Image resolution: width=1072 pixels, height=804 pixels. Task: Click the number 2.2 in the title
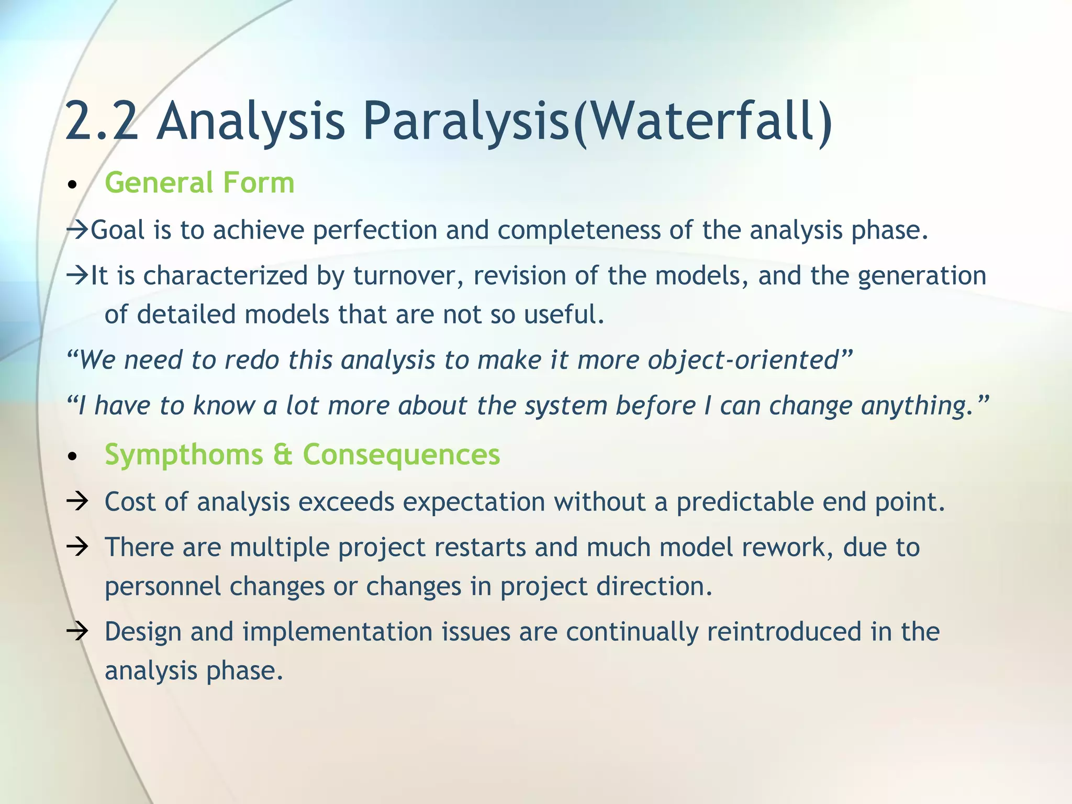pyautogui.click(x=102, y=121)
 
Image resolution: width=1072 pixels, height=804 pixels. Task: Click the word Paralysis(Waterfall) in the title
pyautogui.click(x=597, y=121)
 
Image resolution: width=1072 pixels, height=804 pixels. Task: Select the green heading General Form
pyautogui.click(x=199, y=183)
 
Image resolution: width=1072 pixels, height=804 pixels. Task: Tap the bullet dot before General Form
pyautogui.click(x=73, y=185)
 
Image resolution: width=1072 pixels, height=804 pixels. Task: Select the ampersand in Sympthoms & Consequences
pyautogui.click(x=283, y=454)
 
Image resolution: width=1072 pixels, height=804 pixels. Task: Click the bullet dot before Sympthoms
pyautogui.click(x=73, y=457)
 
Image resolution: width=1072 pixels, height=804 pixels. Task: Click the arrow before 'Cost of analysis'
pyautogui.click(x=77, y=501)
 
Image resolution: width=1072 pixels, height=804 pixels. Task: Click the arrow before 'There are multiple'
pyautogui.click(x=77, y=547)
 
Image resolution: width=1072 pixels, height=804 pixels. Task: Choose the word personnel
pyautogui.click(x=162, y=586)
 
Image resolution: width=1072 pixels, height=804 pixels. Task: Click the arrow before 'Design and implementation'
pyautogui.click(x=77, y=631)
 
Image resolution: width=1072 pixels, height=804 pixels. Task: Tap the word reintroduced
pyautogui.click(x=784, y=631)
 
